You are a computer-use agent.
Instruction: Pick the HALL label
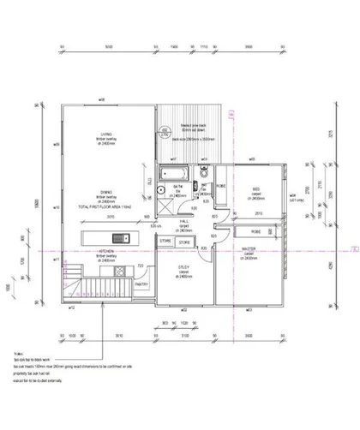coord(183,220)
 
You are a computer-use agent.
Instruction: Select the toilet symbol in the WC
coord(202,176)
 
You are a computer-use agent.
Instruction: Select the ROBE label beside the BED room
coord(220,185)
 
